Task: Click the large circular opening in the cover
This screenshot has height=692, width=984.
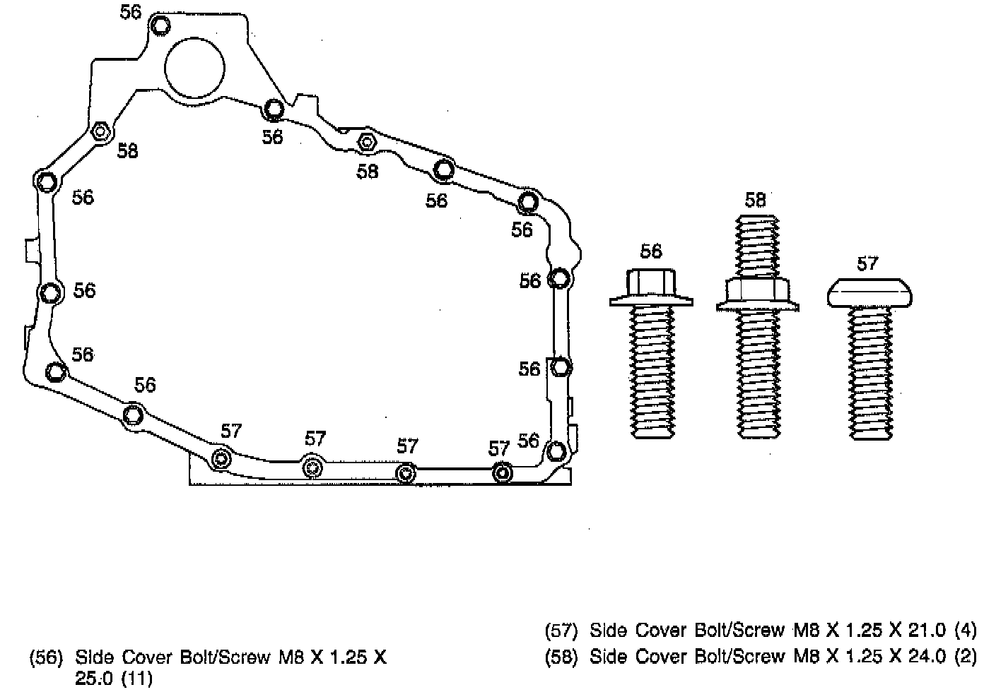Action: (194, 67)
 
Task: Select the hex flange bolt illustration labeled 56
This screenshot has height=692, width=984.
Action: (651, 353)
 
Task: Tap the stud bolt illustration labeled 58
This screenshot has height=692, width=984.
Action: (758, 325)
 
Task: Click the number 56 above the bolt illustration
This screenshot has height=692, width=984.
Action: (651, 251)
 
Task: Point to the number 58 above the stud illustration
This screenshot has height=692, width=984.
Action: (755, 200)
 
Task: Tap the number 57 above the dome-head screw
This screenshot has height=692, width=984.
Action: (867, 263)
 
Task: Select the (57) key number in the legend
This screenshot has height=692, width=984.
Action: (562, 629)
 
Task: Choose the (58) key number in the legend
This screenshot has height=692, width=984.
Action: (562, 657)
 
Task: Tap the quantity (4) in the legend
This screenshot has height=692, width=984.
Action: (964, 629)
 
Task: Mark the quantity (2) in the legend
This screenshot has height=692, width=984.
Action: (964, 657)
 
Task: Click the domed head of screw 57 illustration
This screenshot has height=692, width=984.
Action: (869, 292)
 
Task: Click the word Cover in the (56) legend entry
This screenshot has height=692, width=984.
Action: (146, 658)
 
